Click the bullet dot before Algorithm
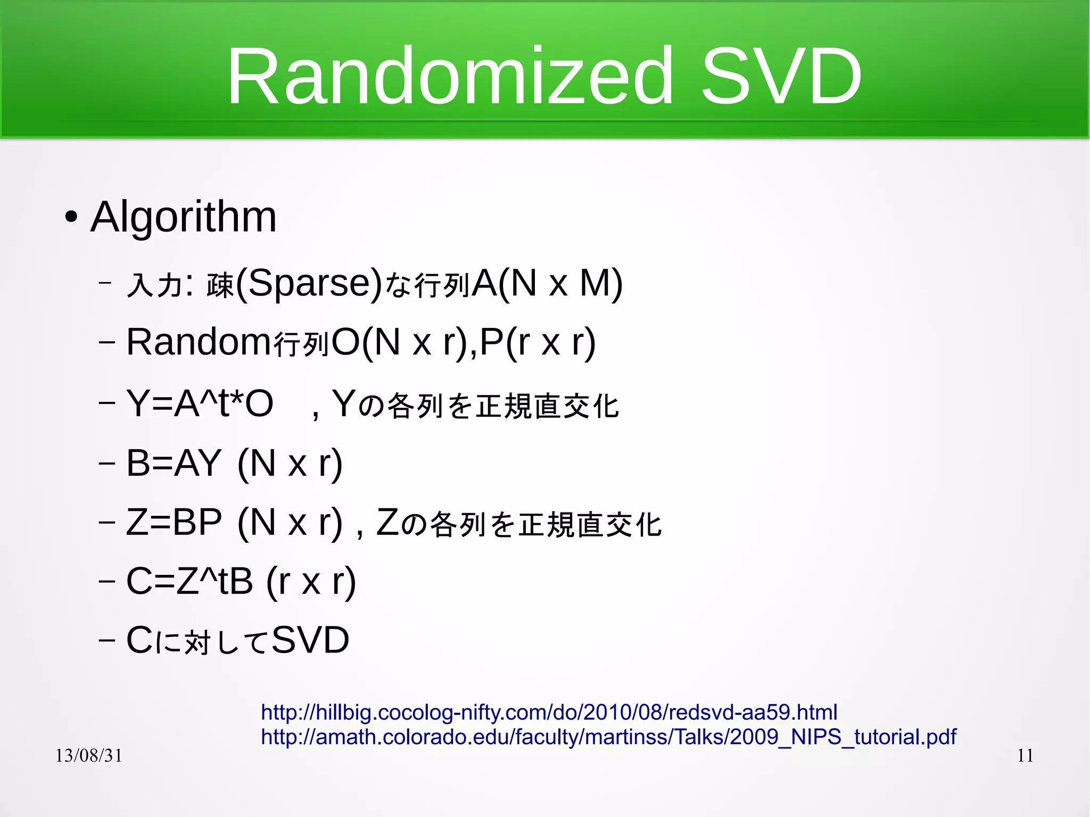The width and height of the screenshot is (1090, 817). click(71, 217)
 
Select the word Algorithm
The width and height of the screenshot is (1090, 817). click(184, 217)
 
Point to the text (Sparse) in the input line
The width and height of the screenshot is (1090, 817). click(309, 283)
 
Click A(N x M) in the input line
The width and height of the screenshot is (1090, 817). click(547, 283)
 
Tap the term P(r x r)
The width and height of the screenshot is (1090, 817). click(538, 342)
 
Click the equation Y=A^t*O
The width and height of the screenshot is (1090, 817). click(200, 403)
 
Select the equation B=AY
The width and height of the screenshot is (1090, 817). click(174, 463)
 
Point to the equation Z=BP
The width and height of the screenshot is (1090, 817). click(174, 522)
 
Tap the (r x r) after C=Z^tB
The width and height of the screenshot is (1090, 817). click(311, 581)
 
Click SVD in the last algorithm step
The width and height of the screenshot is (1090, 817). click(310, 640)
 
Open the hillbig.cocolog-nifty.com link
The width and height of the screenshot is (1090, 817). click(549, 712)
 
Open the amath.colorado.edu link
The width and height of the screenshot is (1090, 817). click(608, 737)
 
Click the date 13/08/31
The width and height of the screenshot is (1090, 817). click(89, 755)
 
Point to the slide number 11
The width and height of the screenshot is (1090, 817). click(1025, 755)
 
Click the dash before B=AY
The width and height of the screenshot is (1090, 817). click(107, 463)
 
